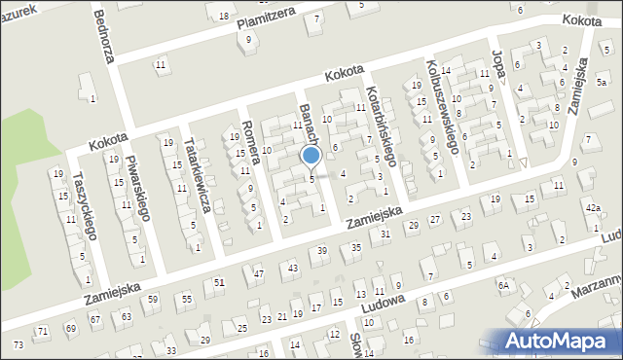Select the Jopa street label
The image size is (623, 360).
(501, 70)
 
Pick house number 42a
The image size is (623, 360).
(593, 208)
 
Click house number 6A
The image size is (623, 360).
(503, 285)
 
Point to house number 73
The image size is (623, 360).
(18, 345)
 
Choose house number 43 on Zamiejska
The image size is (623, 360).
(292, 268)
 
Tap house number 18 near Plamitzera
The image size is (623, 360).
(224, 18)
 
